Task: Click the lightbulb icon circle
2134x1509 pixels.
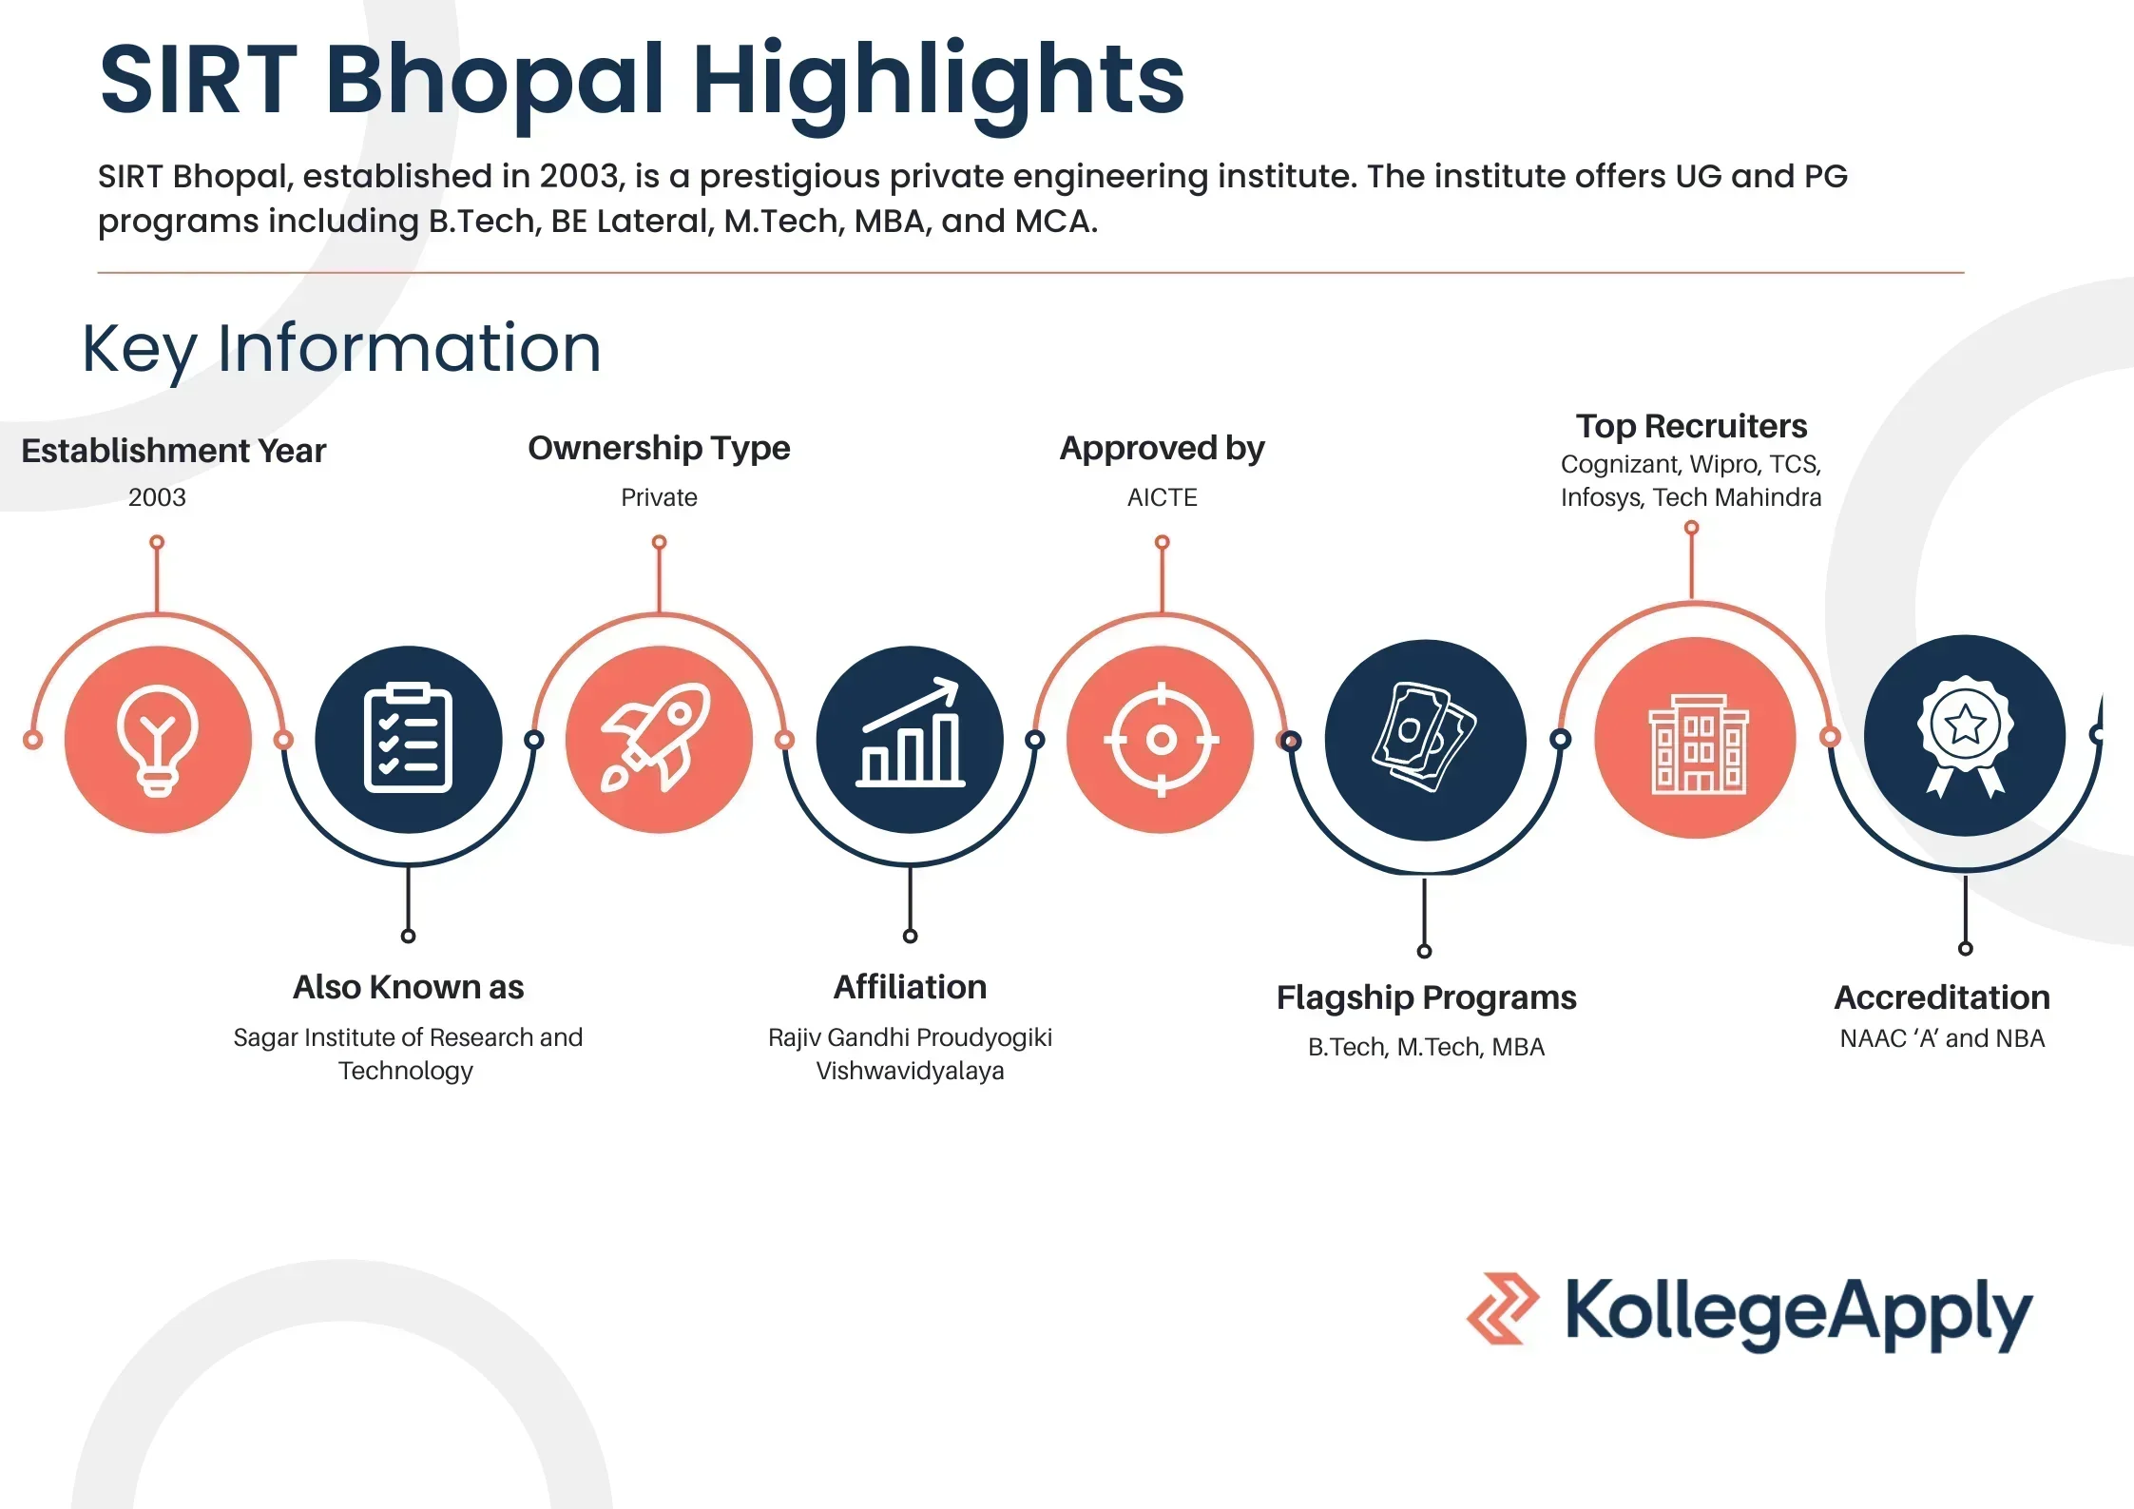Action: [158, 740]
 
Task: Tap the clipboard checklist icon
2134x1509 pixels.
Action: [409, 739]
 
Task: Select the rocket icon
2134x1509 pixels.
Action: [657, 738]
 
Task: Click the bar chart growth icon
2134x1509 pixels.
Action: [911, 732]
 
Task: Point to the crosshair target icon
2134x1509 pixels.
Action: [1161, 739]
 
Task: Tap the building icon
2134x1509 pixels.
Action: [1697, 743]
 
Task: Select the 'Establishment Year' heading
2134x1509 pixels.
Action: [174, 450]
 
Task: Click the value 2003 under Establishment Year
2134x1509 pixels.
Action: [157, 497]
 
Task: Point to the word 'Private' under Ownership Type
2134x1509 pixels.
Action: [659, 497]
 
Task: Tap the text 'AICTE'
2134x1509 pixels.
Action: [1162, 497]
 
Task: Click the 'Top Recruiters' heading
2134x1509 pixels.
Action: [1691, 426]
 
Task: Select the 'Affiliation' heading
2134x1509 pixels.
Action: [910, 987]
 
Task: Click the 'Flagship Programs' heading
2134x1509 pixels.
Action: [1426, 997]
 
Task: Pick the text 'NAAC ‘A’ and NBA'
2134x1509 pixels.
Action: [1942, 1038]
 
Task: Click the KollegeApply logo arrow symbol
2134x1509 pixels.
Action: [1503, 1308]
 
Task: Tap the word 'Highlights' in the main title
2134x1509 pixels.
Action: [938, 84]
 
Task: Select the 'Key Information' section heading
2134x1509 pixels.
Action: [341, 350]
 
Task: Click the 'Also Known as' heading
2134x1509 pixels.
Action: [408, 987]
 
